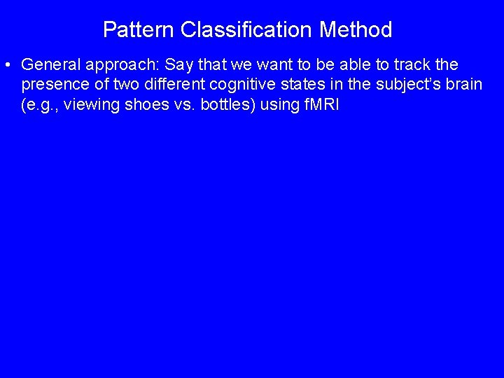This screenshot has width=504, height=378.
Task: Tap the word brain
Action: (464, 85)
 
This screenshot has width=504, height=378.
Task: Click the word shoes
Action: (143, 106)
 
